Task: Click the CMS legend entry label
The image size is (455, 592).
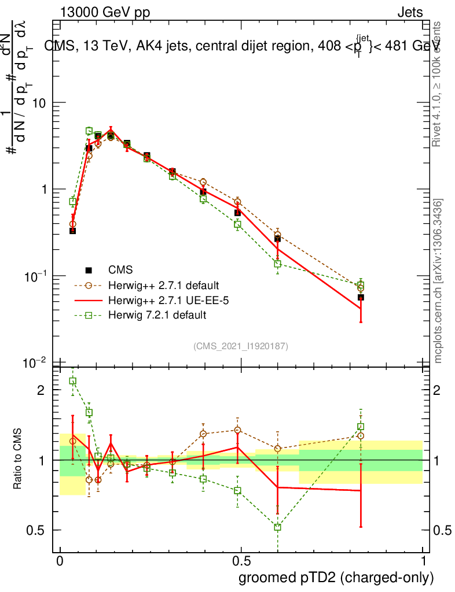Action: (120, 269)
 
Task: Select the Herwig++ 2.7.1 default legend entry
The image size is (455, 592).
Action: (163, 285)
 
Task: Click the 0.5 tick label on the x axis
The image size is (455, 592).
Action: (241, 561)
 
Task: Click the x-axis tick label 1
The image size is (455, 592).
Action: (423, 561)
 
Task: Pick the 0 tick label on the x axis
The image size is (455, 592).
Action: (60, 561)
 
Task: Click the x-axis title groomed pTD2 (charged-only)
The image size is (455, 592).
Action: (336, 578)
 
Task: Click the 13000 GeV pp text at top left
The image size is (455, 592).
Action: (105, 12)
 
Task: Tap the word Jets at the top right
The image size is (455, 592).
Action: (409, 12)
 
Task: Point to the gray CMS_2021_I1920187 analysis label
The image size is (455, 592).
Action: (241, 346)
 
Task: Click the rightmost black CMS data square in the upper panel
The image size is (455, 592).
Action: (361, 297)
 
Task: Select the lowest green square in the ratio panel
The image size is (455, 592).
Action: (278, 527)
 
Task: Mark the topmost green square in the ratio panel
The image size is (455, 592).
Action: (73, 381)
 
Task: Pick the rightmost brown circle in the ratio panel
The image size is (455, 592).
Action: (361, 436)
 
